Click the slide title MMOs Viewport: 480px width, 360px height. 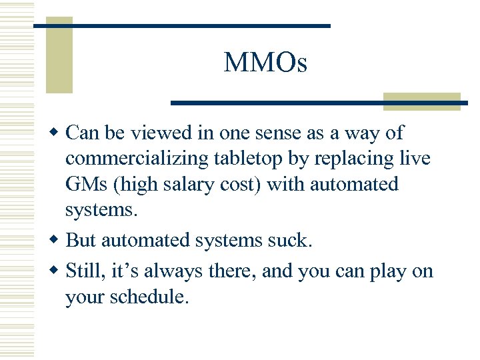pos(265,63)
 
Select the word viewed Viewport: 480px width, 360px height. pos(160,133)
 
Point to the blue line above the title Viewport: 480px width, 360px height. pos(182,25)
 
